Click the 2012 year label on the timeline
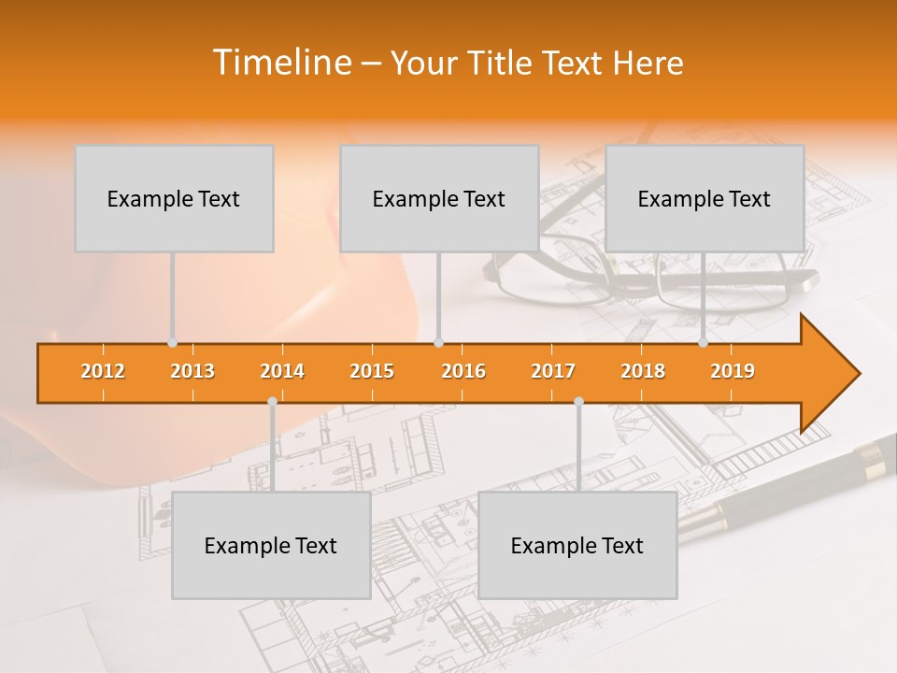pos(103,371)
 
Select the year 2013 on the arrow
pos(192,371)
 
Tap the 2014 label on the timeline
pos(282,371)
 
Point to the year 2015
pos(372,371)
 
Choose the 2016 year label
pos(463,371)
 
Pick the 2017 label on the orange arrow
pos(553,371)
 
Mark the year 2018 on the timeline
pos(643,371)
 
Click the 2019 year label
pos(733,371)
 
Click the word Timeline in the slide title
pos(283,63)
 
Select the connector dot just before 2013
pos(173,343)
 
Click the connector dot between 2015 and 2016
pos(438,343)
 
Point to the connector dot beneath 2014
pos(272,402)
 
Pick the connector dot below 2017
pos(578,402)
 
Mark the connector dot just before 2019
pos(704,343)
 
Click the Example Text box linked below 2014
pos(271,545)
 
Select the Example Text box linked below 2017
pos(577,545)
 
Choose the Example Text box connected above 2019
pos(705,198)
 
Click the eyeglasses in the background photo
pos(654,271)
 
